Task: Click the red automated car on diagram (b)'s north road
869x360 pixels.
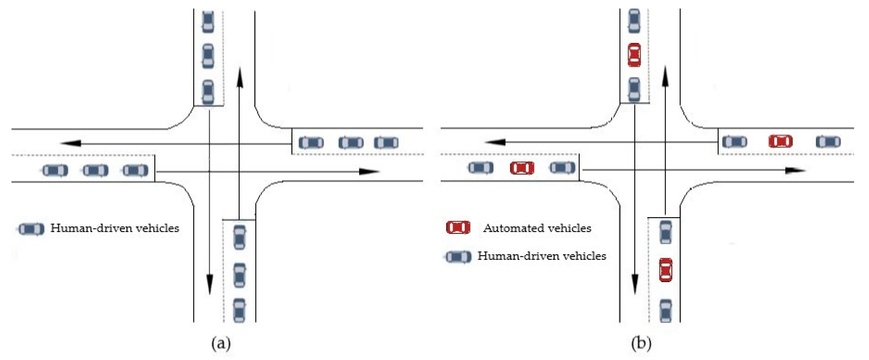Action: click(634, 55)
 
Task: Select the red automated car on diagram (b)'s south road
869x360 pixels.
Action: click(666, 270)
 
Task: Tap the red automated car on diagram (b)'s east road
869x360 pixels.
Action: click(780, 141)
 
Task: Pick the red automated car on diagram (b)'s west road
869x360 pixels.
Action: click(522, 168)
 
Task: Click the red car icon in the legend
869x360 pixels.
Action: click(458, 227)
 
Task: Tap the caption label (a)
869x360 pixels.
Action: click(221, 343)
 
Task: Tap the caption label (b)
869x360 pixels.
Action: click(641, 343)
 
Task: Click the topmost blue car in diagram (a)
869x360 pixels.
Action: click(208, 22)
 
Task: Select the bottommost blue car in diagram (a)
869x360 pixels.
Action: click(239, 310)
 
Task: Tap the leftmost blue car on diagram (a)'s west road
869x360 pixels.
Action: click(55, 170)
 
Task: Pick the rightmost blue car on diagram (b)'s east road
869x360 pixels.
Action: click(828, 141)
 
